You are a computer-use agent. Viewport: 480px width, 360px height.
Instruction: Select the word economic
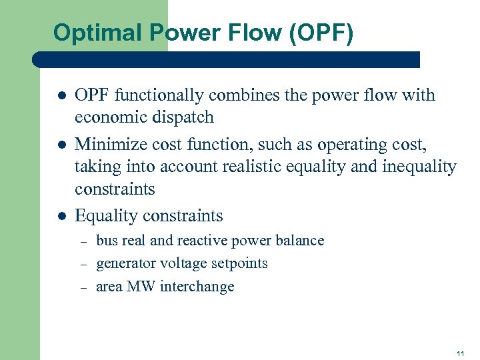[x=107, y=117]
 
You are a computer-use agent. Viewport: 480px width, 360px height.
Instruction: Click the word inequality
[x=419, y=166]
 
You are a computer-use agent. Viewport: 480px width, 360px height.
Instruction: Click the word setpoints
[x=239, y=263]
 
